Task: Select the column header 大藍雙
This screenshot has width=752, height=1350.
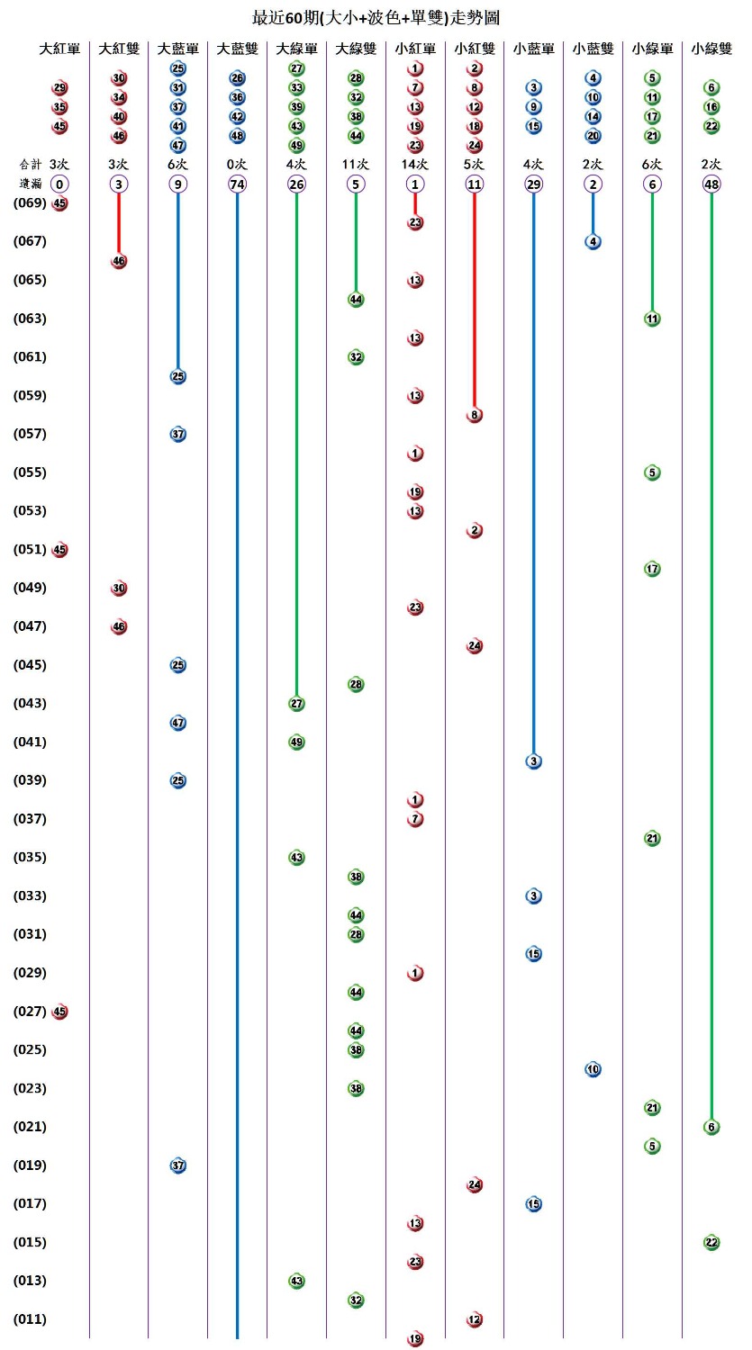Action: (237, 49)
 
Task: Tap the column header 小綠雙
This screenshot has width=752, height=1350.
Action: (711, 49)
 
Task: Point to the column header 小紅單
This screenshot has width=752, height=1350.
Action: (415, 49)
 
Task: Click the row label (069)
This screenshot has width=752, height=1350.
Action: (30, 203)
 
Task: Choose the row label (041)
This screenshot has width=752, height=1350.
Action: (30, 742)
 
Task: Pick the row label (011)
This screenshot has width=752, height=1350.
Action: (30, 1319)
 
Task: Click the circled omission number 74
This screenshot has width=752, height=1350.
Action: (237, 184)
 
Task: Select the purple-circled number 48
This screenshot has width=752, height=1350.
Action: (711, 184)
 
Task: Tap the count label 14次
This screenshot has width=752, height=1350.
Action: (415, 165)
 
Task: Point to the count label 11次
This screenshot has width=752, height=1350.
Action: (356, 165)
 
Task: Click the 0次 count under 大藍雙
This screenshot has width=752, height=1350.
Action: (237, 165)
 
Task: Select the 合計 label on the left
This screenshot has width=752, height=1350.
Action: (30, 165)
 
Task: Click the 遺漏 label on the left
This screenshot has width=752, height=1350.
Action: (30, 184)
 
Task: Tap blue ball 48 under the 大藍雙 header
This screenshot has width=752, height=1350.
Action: (237, 136)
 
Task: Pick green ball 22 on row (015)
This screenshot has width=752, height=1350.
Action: (711, 1243)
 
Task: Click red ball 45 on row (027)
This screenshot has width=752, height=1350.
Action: (59, 1012)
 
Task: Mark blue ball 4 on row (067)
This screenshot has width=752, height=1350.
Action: (593, 241)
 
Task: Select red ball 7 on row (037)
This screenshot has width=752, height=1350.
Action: (415, 819)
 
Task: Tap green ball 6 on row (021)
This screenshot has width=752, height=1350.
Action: (711, 1127)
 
